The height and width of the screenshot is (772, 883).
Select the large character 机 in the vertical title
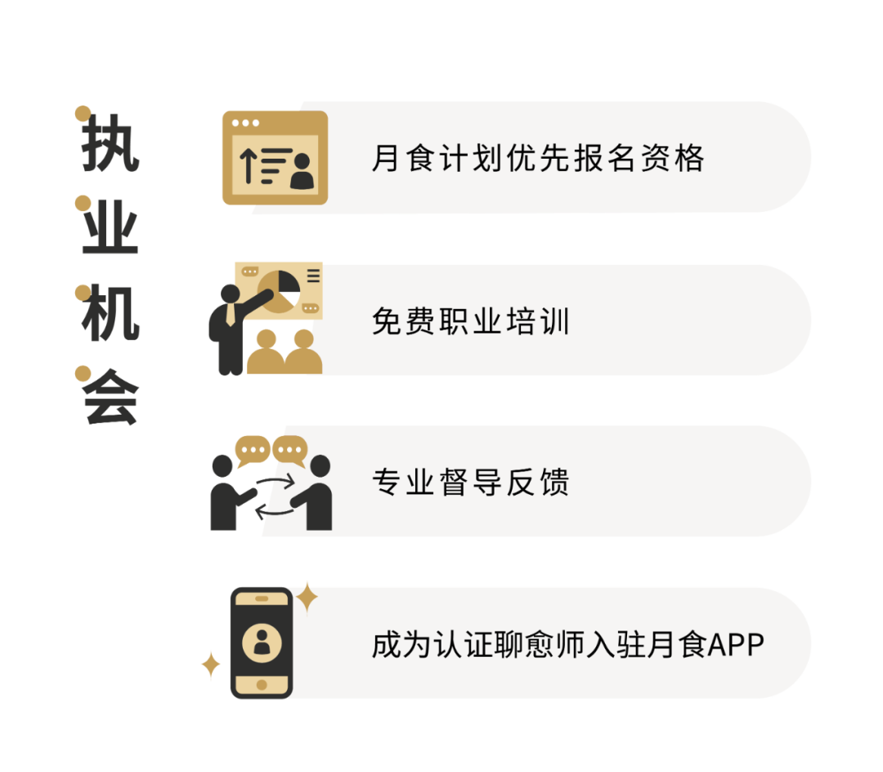(x=110, y=313)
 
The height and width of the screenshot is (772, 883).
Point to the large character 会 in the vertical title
(x=110, y=398)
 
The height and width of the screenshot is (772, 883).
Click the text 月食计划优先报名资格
(x=538, y=158)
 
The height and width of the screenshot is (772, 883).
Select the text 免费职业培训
(x=470, y=321)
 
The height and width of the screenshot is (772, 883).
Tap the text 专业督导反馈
(x=470, y=482)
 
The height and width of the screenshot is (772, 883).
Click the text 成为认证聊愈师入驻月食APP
(x=567, y=644)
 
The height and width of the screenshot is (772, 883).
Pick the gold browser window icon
(x=274, y=157)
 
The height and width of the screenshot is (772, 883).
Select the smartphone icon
(x=261, y=643)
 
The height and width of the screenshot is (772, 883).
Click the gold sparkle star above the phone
(x=307, y=596)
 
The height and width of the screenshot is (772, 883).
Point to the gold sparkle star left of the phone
(x=210, y=665)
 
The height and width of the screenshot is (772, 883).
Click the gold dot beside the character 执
(x=82, y=113)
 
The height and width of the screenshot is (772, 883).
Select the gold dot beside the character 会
(x=82, y=373)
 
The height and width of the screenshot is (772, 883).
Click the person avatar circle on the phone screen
(x=262, y=643)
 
